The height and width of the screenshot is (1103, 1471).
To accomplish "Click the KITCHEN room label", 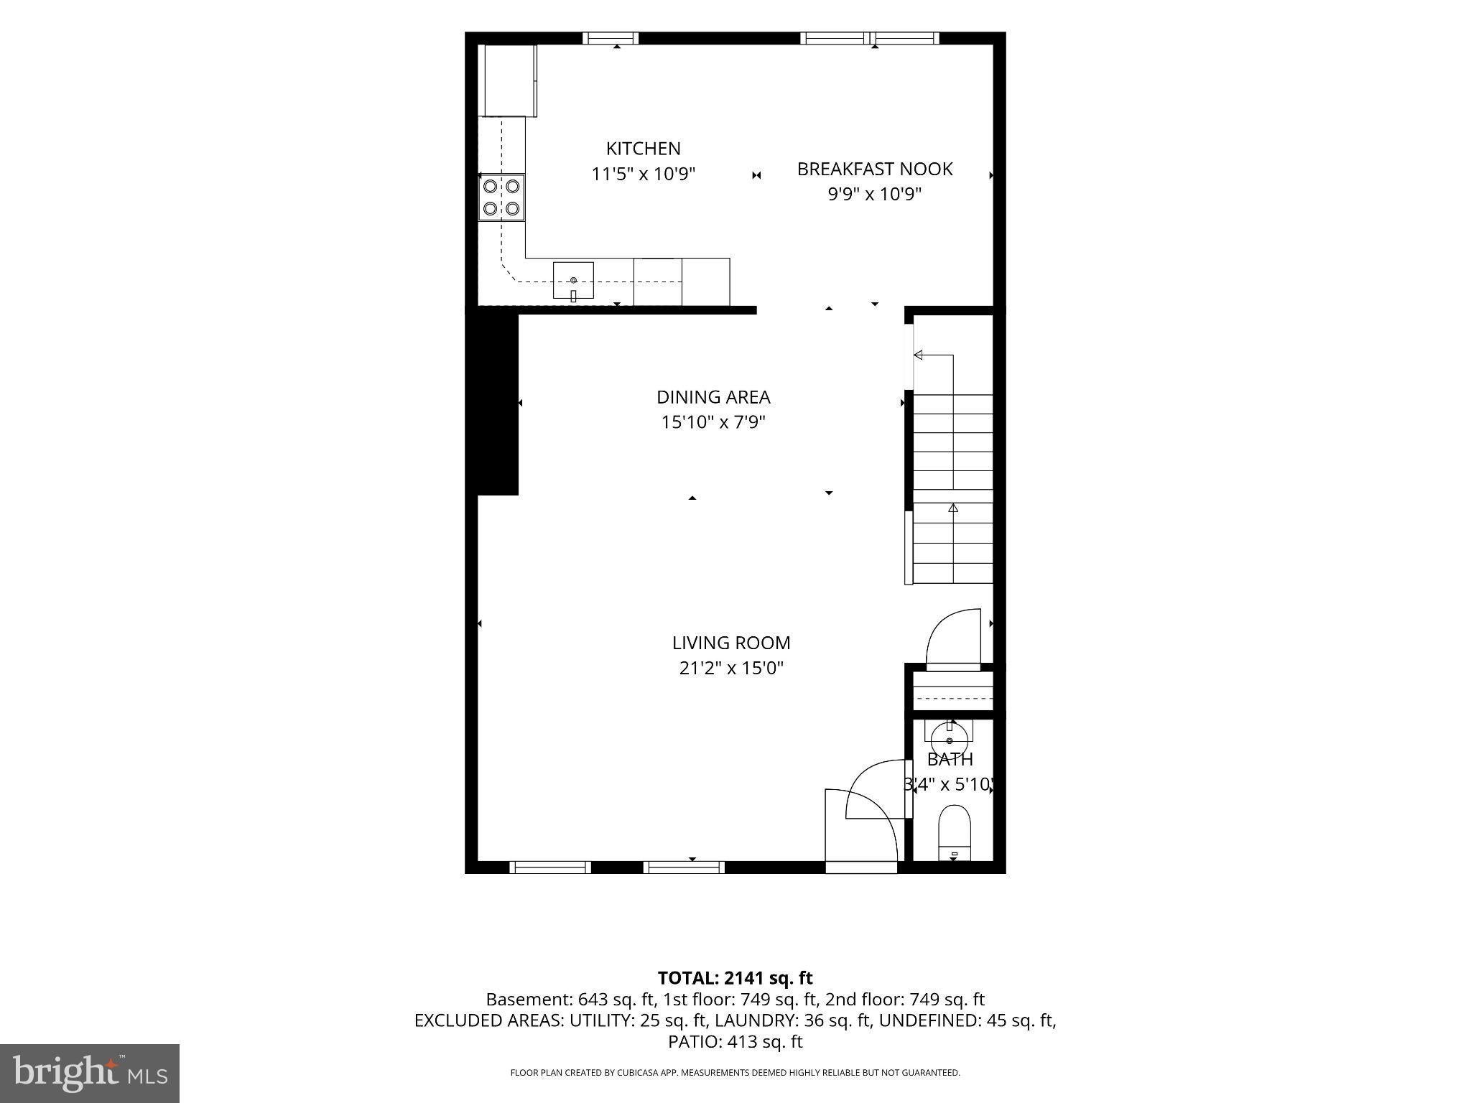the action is coord(643,149).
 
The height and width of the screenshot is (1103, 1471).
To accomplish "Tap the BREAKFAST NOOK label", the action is coord(875,169).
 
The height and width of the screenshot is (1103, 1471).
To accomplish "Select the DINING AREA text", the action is coord(713,397).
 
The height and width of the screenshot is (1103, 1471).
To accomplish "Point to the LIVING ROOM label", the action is coord(731,643).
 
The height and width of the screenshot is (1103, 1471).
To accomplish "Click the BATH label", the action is coord(950,759).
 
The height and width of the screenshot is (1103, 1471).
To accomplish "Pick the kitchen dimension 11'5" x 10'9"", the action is coord(644,174).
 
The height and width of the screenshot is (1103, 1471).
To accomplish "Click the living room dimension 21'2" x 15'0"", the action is coord(731,669).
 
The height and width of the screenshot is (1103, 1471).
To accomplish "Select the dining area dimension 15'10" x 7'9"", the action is coord(713,422).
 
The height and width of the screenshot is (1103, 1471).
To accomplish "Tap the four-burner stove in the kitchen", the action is coord(502,197).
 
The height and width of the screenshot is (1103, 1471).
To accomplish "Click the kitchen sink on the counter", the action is coord(573,281).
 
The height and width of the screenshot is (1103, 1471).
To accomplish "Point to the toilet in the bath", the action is coord(954,833).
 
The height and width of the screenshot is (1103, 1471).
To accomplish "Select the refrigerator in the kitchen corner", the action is coord(508,80).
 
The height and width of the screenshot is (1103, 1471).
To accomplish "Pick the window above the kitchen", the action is coord(610,38).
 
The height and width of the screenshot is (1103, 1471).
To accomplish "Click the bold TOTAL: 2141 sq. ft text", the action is coord(735,978).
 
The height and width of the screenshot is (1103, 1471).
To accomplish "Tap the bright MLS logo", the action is coord(90,1073).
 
